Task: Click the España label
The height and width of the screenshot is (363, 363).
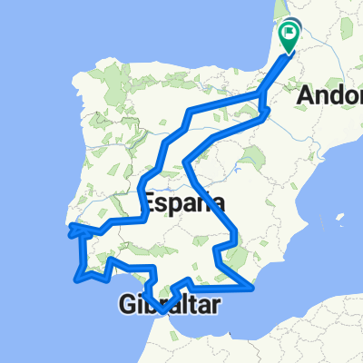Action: pos(182,201)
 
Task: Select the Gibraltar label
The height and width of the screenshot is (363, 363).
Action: pos(169,307)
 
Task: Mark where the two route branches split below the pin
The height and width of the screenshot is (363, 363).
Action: pos(262,93)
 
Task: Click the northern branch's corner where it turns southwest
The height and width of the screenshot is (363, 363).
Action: pos(190,111)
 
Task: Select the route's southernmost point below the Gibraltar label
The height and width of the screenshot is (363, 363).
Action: pos(162,311)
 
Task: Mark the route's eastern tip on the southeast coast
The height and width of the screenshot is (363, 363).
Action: pos(252,289)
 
